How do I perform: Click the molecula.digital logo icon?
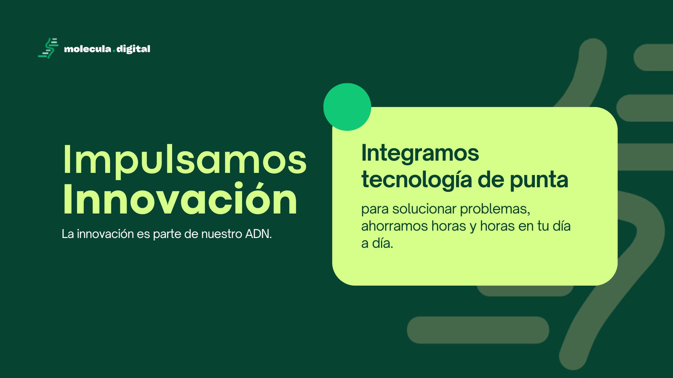pos(48,48)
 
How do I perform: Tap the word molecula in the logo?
pos(87,49)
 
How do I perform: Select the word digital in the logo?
pos(133,49)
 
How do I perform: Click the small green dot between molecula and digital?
pos(114,51)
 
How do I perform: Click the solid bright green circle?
pos(347,107)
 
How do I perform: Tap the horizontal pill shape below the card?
pos(478,330)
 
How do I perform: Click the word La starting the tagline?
pos(68,234)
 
